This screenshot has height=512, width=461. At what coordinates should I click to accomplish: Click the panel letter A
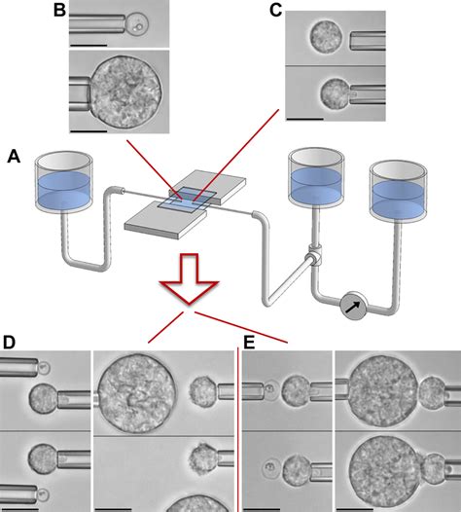pyautogui.click(x=14, y=156)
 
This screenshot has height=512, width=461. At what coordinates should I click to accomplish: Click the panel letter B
pyautogui.click(x=59, y=10)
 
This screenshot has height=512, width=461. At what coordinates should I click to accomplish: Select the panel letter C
pyautogui.click(x=275, y=10)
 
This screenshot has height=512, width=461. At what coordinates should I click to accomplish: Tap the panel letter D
pyautogui.click(x=9, y=343)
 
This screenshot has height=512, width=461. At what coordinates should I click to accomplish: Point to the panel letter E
pyautogui.click(x=249, y=343)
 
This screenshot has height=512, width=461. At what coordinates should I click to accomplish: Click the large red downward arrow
pyautogui.click(x=189, y=279)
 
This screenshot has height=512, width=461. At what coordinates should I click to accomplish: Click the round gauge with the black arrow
pyautogui.click(x=354, y=306)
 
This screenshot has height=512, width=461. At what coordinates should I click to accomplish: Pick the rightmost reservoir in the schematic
pyautogui.click(x=398, y=190)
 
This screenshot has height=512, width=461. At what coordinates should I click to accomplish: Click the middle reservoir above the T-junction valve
pyautogui.click(x=316, y=177)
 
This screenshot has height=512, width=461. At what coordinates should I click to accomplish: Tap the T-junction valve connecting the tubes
pyautogui.click(x=314, y=256)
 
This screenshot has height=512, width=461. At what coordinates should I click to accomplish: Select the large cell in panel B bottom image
pyautogui.click(x=125, y=92)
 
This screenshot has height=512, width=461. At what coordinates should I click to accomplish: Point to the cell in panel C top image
pyautogui.click(x=326, y=37)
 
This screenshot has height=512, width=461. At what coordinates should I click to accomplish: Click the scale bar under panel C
pyautogui.click(x=304, y=119)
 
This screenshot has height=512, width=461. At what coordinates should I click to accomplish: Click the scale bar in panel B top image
pyautogui.click(x=89, y=45)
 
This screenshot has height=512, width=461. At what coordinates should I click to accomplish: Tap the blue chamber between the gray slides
pyautogui.click(x=188, y=200)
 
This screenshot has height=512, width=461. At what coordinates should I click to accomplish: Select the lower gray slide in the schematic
pyautogui.click(x=165, y=220)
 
